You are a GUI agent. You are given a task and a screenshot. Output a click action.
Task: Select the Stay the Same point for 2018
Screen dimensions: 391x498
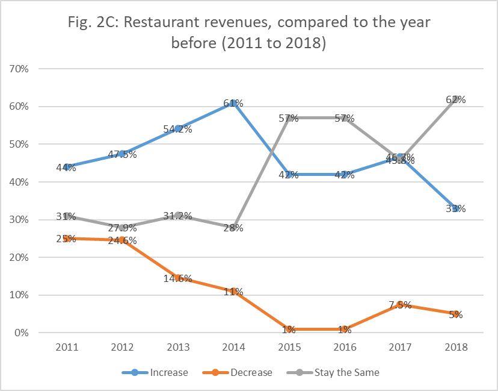(x=456, y=99)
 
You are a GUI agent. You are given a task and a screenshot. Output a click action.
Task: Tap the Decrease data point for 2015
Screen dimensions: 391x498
(x=289, y=329)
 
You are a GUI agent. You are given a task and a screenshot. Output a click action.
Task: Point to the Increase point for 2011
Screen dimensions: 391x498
(x=67, y=167)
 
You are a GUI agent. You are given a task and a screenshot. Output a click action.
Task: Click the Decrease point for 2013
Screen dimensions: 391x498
(x=178, y=278)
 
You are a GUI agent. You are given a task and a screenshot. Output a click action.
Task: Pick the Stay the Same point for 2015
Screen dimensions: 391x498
(x=289, y=118)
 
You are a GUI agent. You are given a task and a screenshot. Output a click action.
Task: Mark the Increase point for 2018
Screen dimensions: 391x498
(x=456, y=208)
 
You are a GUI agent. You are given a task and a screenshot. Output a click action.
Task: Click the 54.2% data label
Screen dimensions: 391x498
(x=178, y=129)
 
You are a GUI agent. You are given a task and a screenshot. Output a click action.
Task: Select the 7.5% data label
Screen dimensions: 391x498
(x=400, y=305)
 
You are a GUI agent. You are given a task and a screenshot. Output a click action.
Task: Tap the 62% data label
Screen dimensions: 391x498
(x=456, y=99)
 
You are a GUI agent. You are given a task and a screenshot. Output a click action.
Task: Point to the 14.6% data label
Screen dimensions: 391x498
(x=178, y=278)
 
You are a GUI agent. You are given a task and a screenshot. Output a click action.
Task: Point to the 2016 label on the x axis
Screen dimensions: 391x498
(x=345, y=348)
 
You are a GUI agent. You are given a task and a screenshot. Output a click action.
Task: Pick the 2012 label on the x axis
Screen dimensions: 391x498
(x=122, y=348)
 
